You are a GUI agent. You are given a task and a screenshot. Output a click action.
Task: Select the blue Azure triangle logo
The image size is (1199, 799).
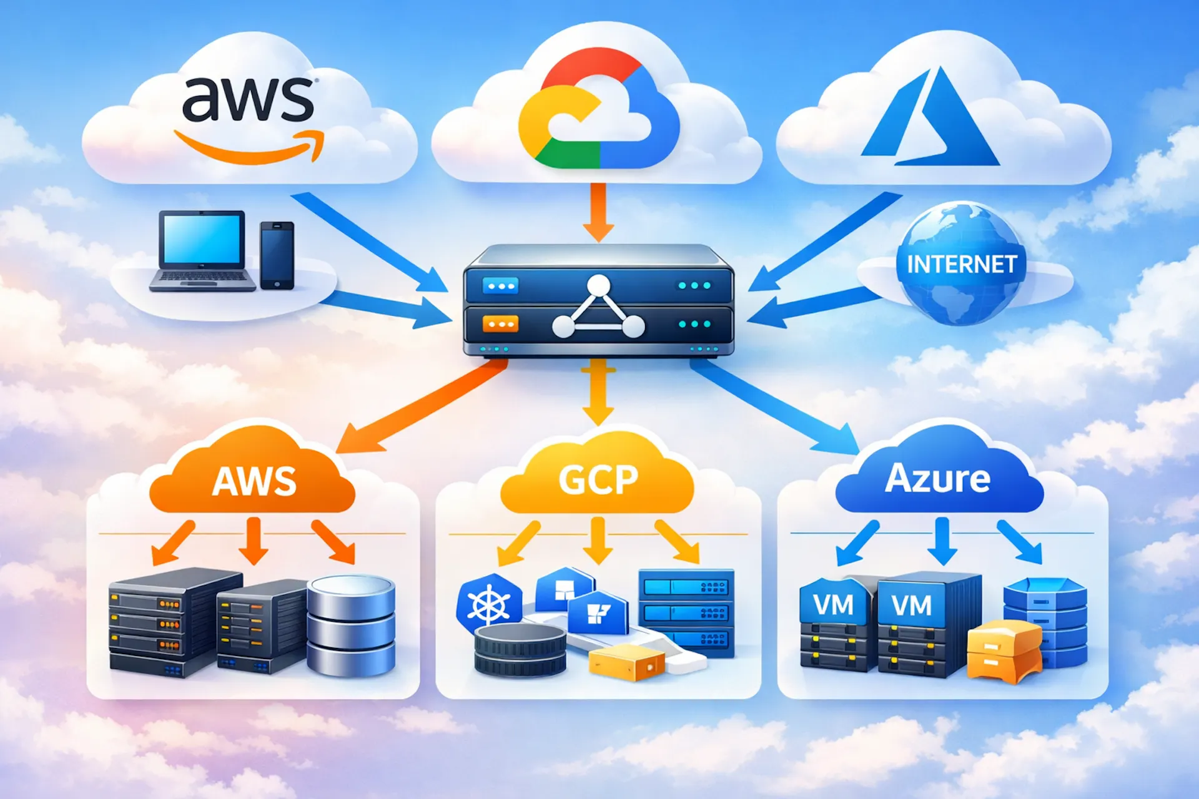930,122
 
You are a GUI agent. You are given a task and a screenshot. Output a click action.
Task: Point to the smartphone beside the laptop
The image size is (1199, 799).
277,255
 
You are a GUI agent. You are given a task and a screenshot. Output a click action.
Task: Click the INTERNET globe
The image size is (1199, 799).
962,263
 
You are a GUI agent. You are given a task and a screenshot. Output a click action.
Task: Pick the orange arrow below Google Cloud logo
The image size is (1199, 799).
598,212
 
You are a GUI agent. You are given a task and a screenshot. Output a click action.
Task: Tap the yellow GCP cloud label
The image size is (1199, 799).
598,479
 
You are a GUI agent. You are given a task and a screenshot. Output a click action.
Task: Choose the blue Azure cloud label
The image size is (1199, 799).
938,478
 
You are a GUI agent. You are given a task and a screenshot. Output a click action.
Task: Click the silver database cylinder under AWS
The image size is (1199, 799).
351,625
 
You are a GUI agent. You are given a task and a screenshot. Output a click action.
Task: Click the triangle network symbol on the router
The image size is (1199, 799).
598,309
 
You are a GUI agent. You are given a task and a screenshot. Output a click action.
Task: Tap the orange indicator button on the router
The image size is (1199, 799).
500,324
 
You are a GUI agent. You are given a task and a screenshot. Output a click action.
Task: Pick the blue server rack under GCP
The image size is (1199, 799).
686,612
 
